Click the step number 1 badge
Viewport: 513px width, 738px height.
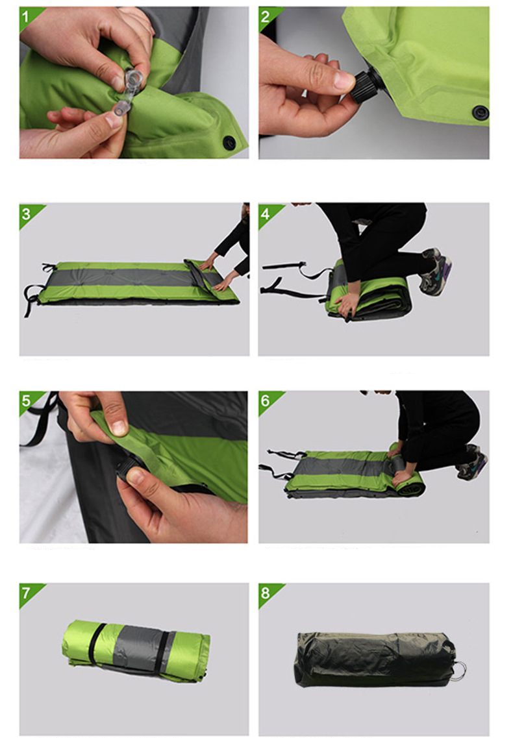point(27,16)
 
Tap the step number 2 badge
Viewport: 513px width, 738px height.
point(266,16)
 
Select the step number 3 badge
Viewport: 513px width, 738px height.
point(27,214)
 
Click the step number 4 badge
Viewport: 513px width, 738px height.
point(266,214)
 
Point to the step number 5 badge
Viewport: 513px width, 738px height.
point(27,400)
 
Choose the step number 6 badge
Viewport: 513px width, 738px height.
point(266,400)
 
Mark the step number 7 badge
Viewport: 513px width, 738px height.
point(27,593)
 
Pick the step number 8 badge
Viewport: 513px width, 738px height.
point(266,593)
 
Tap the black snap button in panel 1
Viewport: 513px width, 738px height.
point(229,141)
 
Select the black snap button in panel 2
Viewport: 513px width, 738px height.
point(480,111)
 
